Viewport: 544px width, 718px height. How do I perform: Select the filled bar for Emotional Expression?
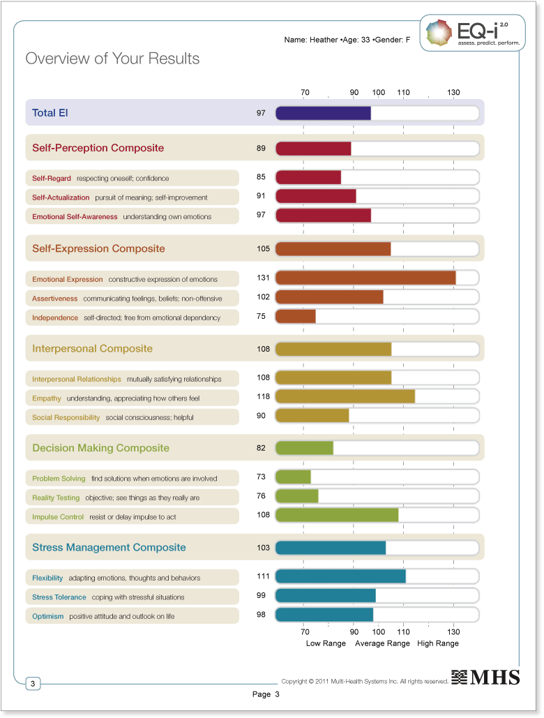pos(365,278)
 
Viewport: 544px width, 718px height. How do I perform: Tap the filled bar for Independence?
pos(295,317)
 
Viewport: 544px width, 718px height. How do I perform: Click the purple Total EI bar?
pos(323,113)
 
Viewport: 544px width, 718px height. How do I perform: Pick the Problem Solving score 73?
pos(263,477)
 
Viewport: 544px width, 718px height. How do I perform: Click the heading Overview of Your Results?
pos(112,59)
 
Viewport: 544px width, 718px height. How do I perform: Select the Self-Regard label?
pos(52,179)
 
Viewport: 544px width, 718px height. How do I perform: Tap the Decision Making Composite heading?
pos(100,448)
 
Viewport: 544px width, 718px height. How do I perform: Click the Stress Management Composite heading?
pos(109,548)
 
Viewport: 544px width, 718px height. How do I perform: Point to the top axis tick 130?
pos(453,93)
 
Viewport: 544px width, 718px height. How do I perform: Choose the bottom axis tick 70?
pos(305,631)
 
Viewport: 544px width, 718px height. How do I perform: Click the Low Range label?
pos(326,643)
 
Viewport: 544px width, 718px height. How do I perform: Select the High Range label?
pos(438,643)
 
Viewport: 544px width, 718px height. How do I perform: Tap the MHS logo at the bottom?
pos(485,677)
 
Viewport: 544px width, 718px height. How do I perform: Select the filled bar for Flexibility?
pos(340,576)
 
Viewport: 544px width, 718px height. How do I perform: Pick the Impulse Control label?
pos(58,517)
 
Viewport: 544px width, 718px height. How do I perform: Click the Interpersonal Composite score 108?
pos(263,348)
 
